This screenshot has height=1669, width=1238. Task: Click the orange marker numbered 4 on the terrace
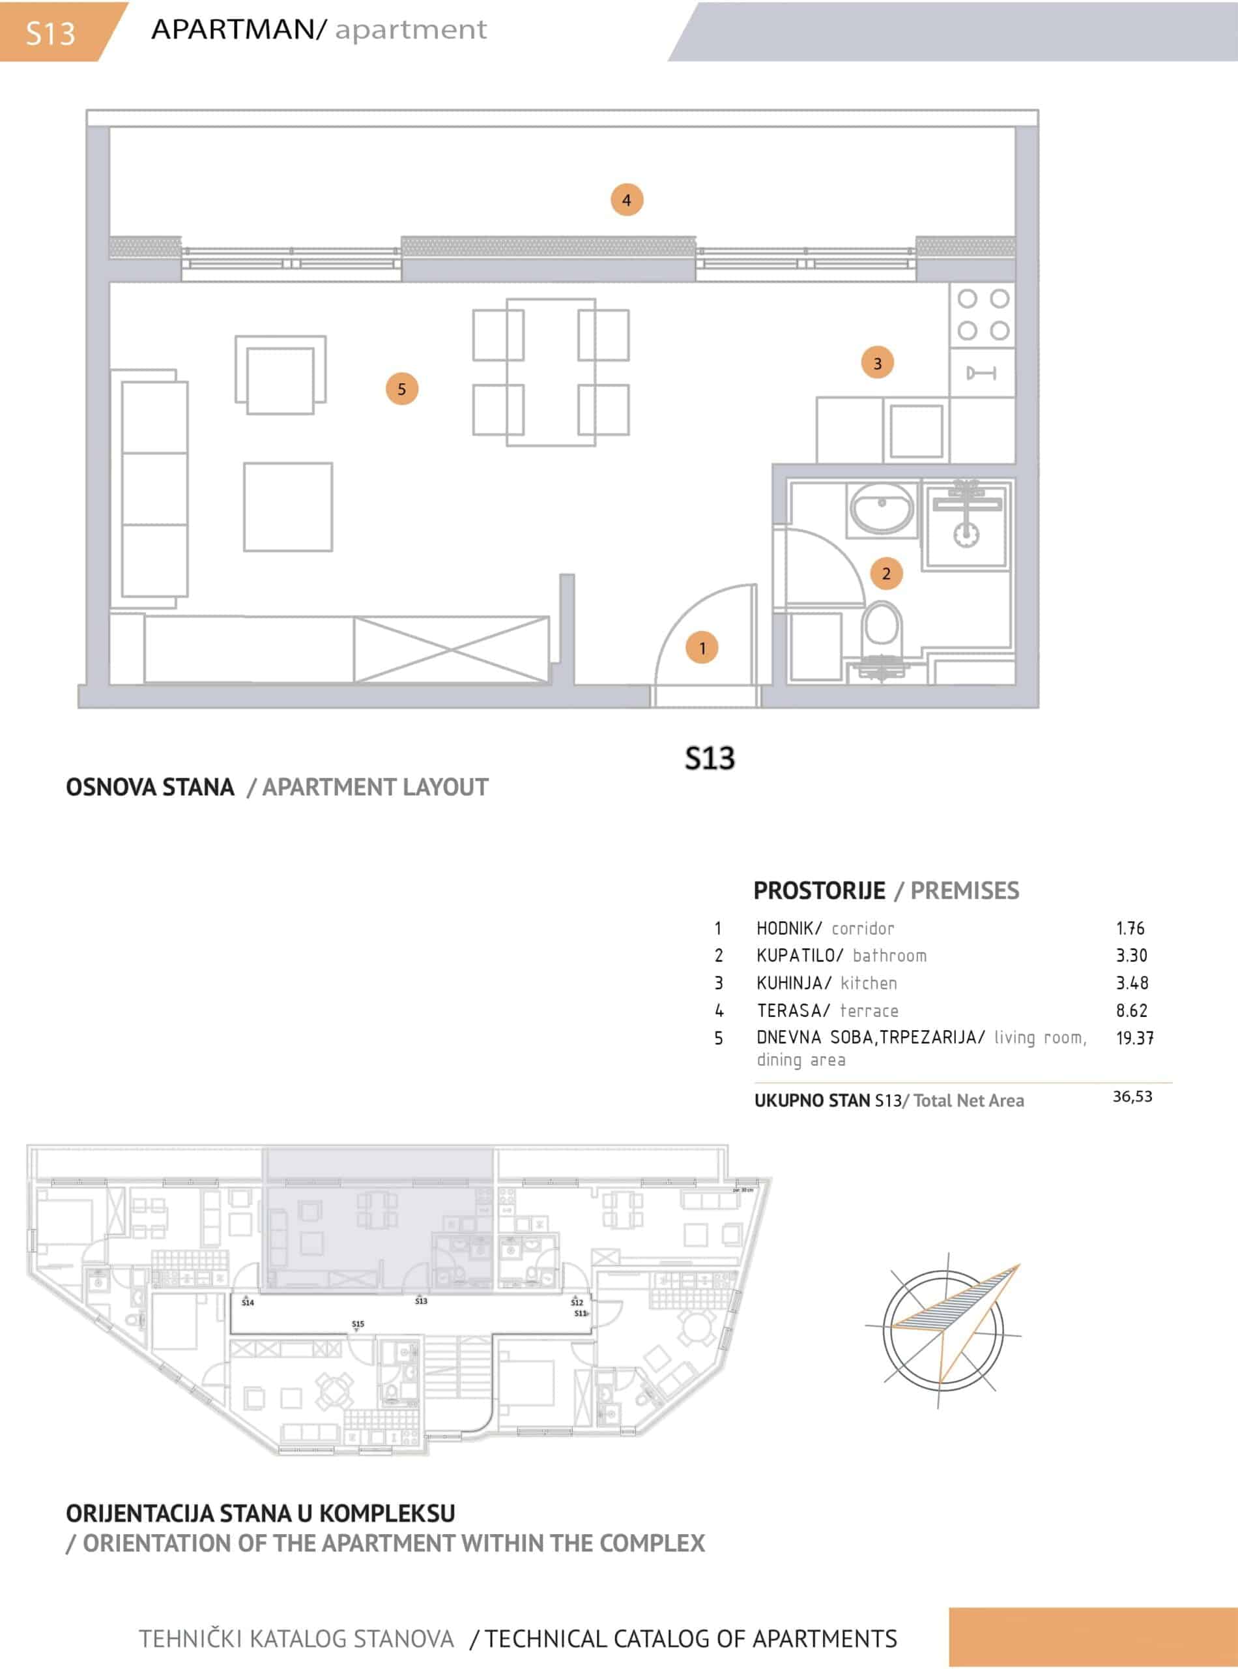tap(627, 199)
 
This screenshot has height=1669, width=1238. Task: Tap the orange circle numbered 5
tap(401, 389)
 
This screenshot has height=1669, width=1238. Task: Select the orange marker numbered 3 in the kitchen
tap(878, 363)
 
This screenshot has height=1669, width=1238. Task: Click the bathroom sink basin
tap(882, 509)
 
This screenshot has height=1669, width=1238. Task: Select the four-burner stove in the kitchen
tap(983, 315)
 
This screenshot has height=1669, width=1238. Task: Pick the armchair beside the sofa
tap(280, 374)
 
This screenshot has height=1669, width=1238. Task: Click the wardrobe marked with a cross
tap(451, 649)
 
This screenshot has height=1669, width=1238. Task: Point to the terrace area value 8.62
tap(1132, 1010)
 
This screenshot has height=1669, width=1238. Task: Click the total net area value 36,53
tap(1132, 1096)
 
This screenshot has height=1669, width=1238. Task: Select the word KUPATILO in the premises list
tap(796, 955)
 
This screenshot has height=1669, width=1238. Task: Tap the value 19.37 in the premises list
tap(1134, 1038)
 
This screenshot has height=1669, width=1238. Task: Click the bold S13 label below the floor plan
tap(710, 758)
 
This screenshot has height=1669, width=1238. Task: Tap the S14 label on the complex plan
tap(248, 1303)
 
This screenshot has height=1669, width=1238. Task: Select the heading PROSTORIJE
tap(819, 890)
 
